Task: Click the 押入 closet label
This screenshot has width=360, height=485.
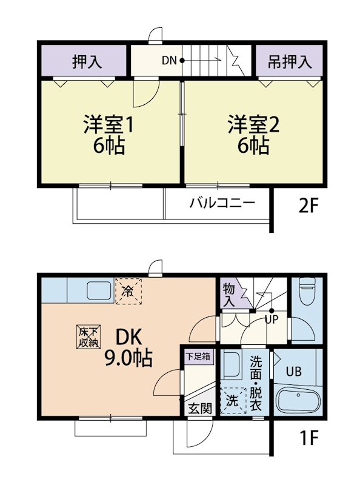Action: coord(87,61)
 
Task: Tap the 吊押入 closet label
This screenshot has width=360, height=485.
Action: coord(290,61)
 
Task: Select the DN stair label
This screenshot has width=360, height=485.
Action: coord(168,61)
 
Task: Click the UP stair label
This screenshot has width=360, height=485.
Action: coord(270,319)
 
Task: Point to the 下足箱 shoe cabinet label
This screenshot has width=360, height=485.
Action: coord(198,356)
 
